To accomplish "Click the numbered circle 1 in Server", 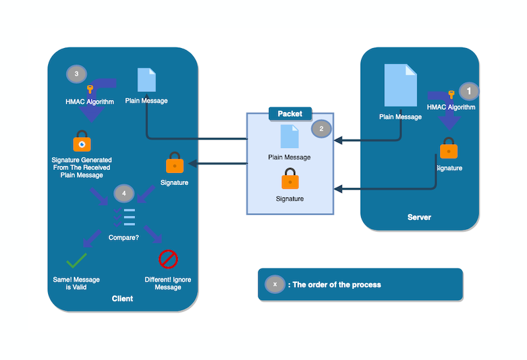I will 469,91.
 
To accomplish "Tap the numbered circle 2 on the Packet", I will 321,129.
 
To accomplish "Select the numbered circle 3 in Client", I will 76,74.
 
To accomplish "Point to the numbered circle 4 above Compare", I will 123,193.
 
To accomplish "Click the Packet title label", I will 290,114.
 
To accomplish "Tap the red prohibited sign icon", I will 168,259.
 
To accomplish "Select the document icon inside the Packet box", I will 290,136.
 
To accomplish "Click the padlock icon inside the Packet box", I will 290,179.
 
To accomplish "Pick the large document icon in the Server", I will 401,86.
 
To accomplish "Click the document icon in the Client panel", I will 146,80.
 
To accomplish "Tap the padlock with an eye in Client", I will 82,142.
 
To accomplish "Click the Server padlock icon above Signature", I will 449,149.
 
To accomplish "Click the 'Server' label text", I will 419,217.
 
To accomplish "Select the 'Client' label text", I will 123,299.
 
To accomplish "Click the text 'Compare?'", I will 124,238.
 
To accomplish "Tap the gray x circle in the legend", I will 275,284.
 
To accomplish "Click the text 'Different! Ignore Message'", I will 168,284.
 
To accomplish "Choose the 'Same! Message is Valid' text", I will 76,284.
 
